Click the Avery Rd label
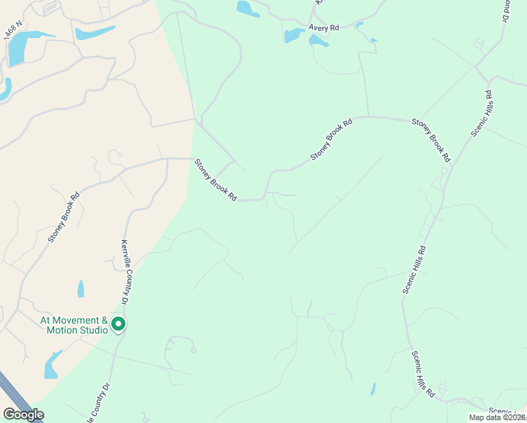click(x=324, y=27)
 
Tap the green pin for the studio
click(x=118, y=325)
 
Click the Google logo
click(x=23, y=415)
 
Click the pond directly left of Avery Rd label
click(x=293, y=35)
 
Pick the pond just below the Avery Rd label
click(x=318, y=42)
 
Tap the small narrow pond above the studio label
click(x=80, y=288)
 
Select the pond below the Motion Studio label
click(x=51, y=366)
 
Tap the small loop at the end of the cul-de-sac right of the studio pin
click(x=193, y=350)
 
